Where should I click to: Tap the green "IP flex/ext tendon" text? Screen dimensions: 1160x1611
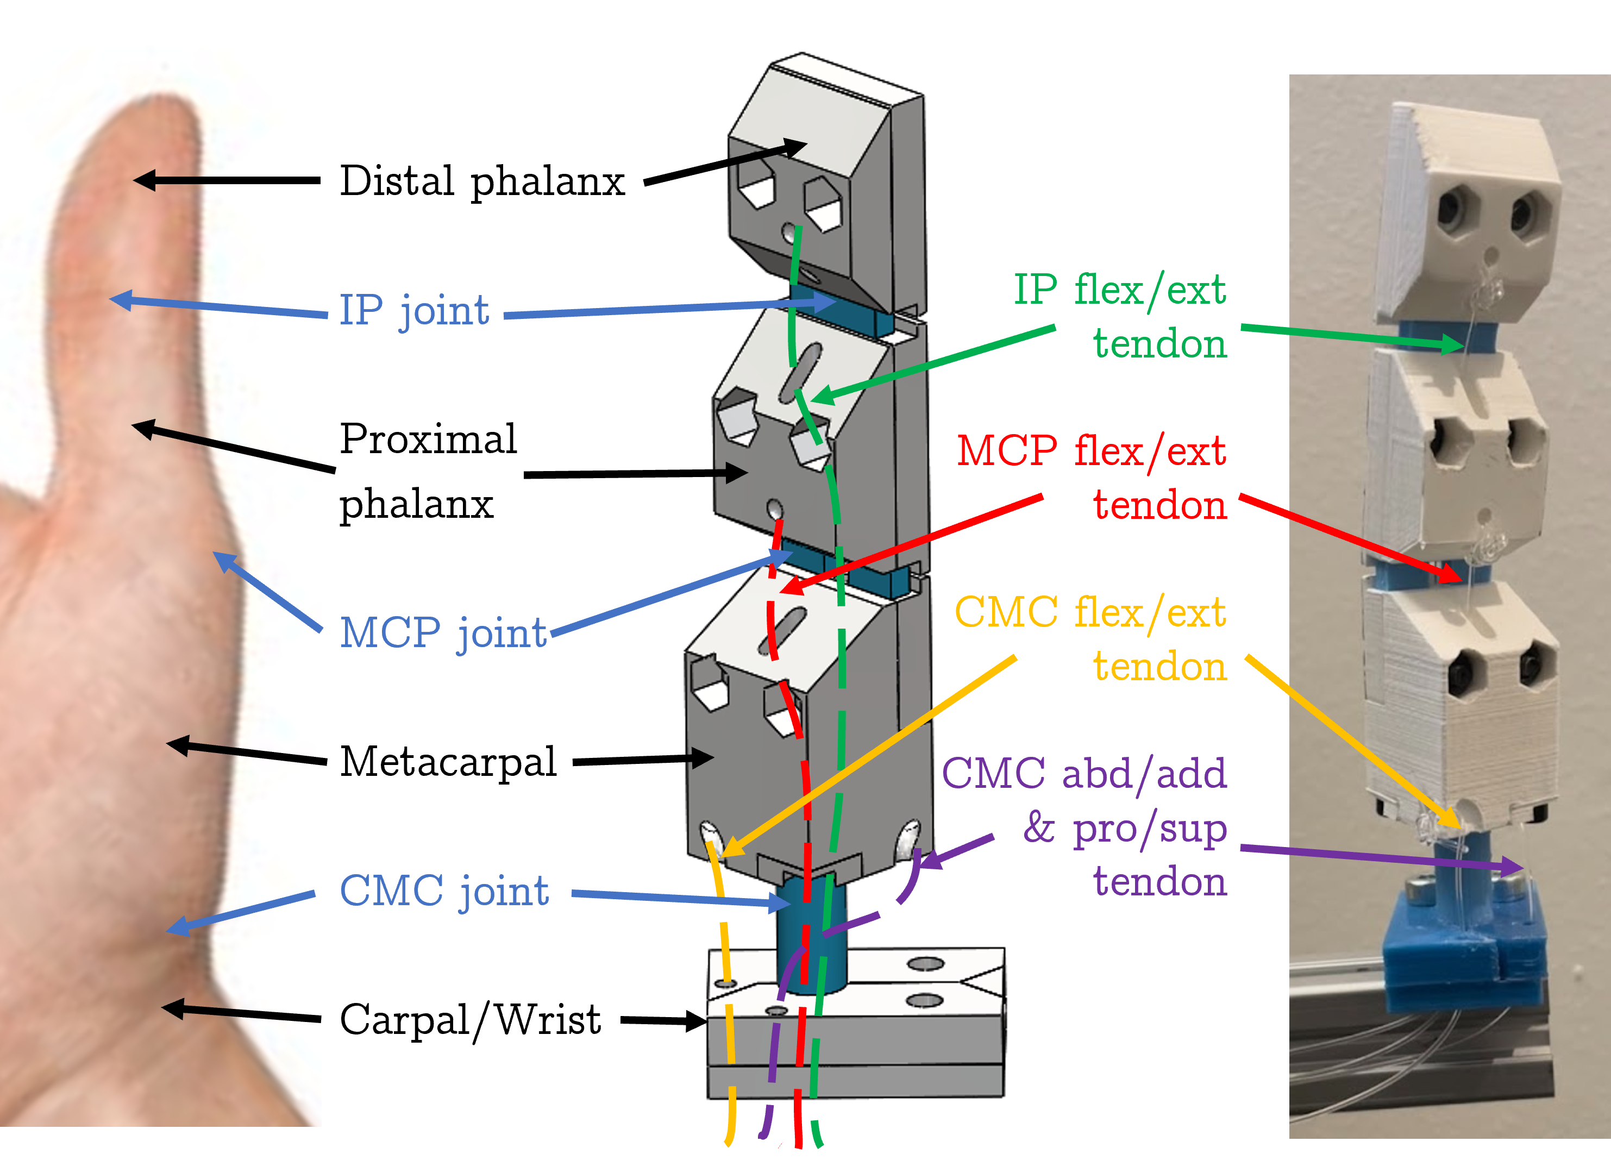pyautogui.click(x=1121, y=316)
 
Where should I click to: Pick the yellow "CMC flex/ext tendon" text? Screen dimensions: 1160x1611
pyautogui.click(x=1091, y=638)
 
